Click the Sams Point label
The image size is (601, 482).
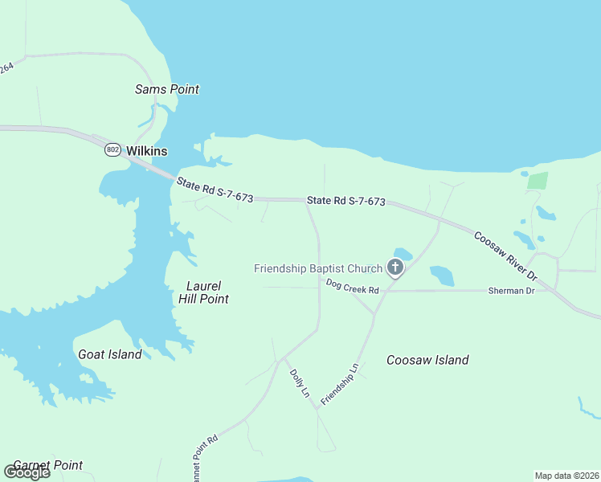[x=166, y=89]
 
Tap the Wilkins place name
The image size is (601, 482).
[x=147, y=151]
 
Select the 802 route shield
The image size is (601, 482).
[x=112, y=150]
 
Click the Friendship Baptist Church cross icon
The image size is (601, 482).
[x=395, y=268]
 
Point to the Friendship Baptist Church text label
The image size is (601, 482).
[x=317, y=268]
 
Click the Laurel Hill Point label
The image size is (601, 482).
[x=203, y=292]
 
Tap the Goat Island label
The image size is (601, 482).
[x=109, y=354]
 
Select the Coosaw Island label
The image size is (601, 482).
[x=427, y=360]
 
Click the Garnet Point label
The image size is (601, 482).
[x=47, y=465]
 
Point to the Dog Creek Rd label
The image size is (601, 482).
[x=352, y=285]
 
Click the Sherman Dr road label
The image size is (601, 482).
[x=511, y=290]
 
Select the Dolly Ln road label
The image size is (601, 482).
[x=299, y=383]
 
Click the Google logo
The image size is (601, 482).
[x=27, y=472]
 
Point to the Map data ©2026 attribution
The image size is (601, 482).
[x=566, y=476]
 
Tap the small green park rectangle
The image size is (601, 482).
[x=538, y=181]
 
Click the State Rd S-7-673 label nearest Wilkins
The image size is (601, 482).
[x=215, y=190]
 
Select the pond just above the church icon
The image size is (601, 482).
[x=403, y=254]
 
